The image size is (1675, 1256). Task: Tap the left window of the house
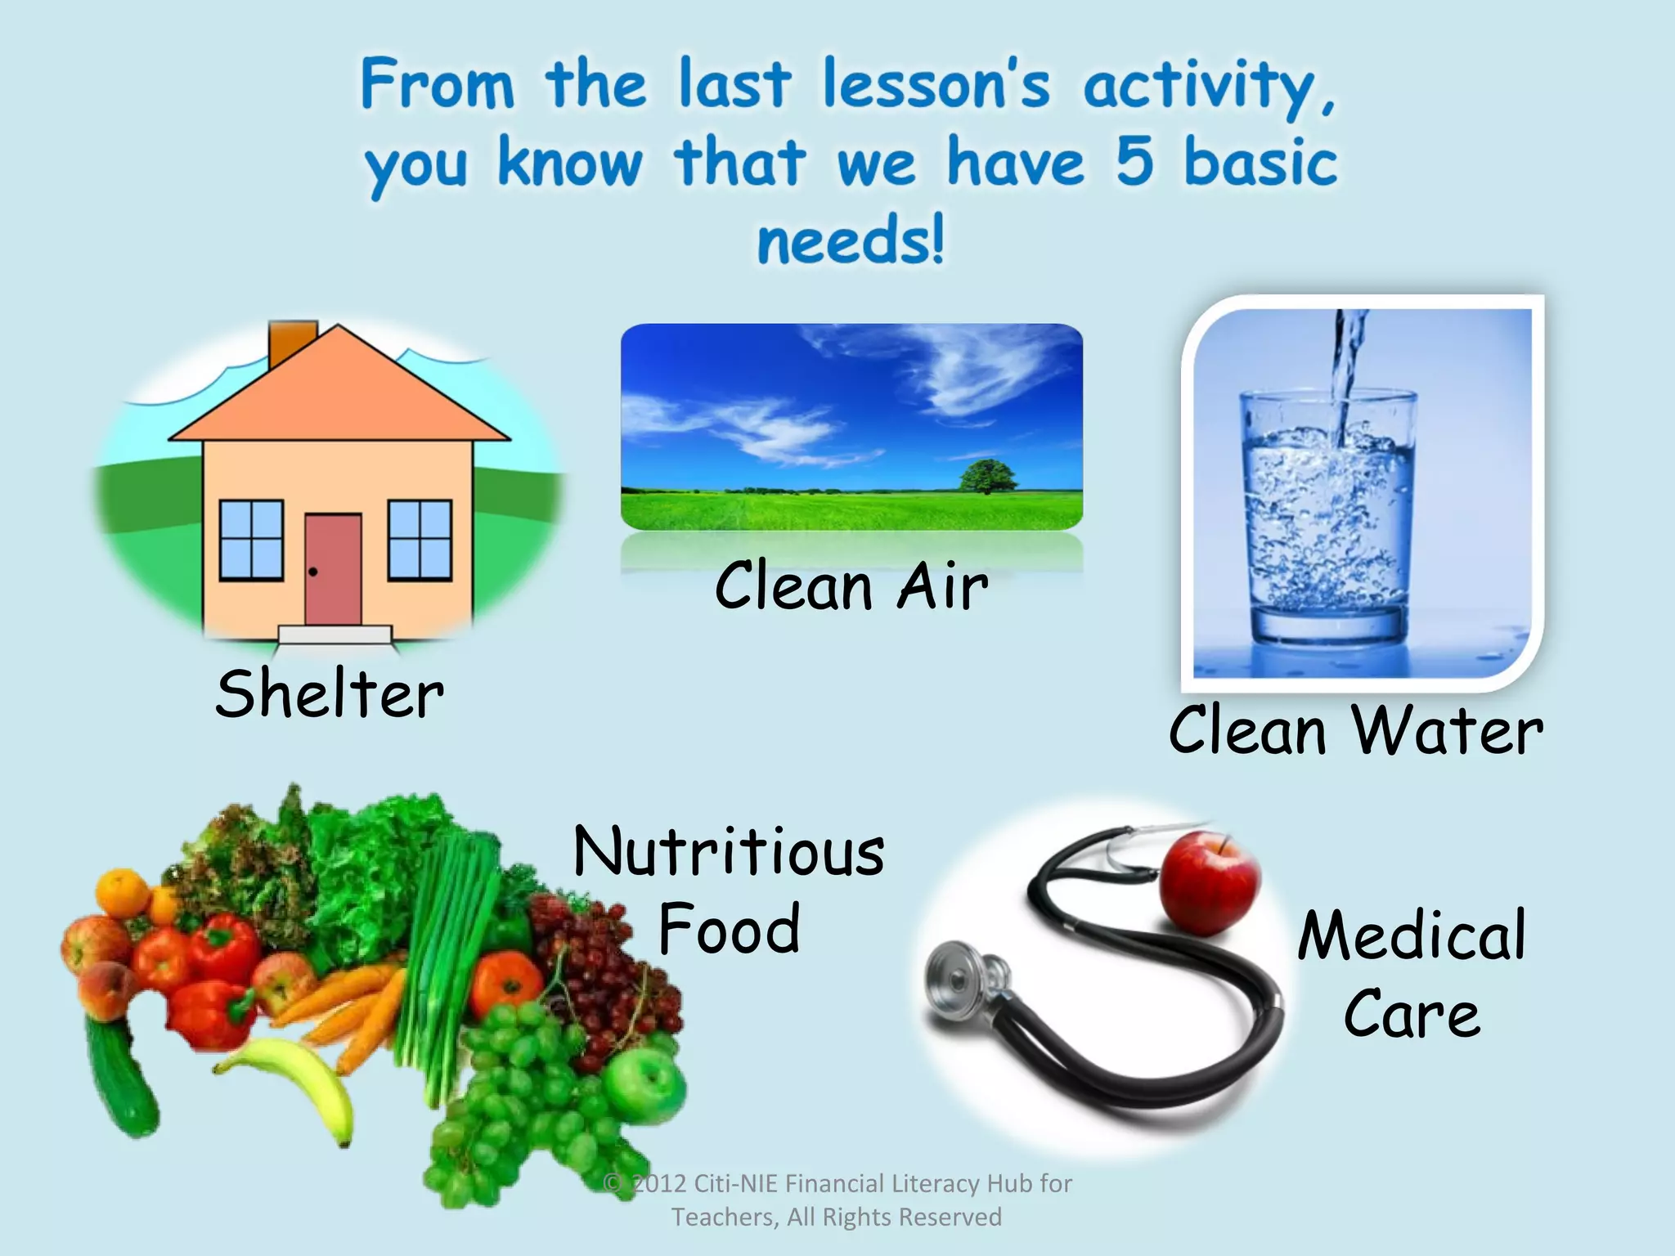252,541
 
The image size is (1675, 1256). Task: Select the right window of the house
420,541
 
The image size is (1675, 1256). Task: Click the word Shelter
330,694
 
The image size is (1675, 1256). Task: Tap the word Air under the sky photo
942,586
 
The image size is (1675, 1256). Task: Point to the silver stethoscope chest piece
961,981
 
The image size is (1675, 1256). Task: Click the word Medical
1412,935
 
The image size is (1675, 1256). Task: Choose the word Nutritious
729,851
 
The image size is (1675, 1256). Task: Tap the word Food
729,930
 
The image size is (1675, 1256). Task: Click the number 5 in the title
1135,160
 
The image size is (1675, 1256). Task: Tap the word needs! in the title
851,240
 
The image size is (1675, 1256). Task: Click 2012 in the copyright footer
659,1184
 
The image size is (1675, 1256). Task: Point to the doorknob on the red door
312,572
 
